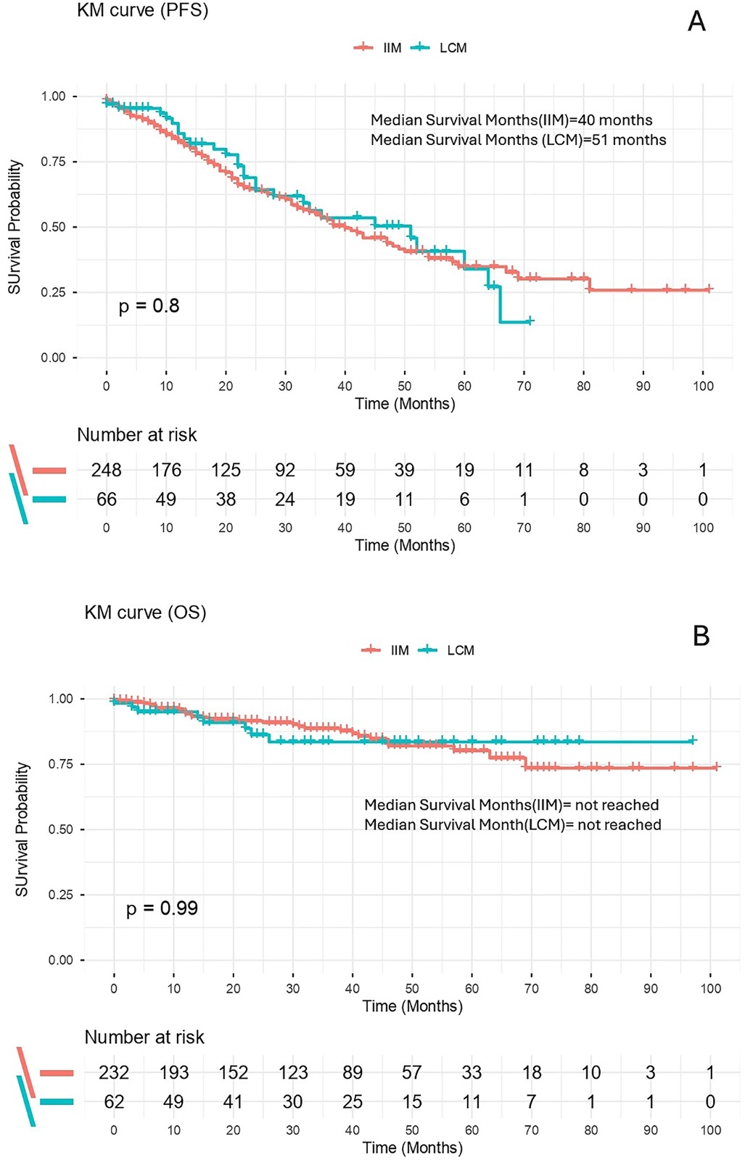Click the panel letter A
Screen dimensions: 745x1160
pyautogui.click(x=697, y=22)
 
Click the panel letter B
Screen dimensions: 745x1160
pyautogui.click(x=701, y=635)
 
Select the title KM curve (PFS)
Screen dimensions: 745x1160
pyautogui.click(x=142, y=10)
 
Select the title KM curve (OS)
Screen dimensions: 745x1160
pyautogui.click(x=145, y=613)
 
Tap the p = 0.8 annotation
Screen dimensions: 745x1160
pyautogui.click(x=149, y=306)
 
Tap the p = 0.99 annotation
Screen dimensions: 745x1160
pyautogui.click(x=162, y=908)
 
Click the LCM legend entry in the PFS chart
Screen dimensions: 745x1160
pyautogui.click(x=439, y=48)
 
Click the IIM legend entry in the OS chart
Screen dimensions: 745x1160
pyautogui.click(x=385, y=650)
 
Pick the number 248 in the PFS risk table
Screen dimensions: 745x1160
pyautogui.click(x=106, y=471)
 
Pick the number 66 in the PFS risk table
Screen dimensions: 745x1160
pyautogui.click(x=106, y=500)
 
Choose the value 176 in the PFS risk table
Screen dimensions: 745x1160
pyautogui.click(x=166, y=471)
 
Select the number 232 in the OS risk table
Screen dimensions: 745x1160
pyautogui.click(x=114, y=1072)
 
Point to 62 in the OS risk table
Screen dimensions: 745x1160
pyautogui.click(x=114, y=1102)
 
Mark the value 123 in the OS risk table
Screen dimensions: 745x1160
pyautogui.click(x=293, y=1072)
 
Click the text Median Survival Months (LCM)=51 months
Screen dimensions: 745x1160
pyautogui.click(x=519, y=140)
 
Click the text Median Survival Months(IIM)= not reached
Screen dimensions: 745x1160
pyautogui.click(x=511, y=805)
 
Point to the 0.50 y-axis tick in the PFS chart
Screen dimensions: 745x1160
pyautogui.click(x=54, y=228)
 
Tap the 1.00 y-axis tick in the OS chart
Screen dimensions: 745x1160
pyautogui.click(x=61, y=699)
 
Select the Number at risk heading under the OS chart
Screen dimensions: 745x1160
pyautogui.click(x=144, y=1037)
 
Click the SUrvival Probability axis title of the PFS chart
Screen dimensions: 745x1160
pyautogui.click(x=15, y=227)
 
